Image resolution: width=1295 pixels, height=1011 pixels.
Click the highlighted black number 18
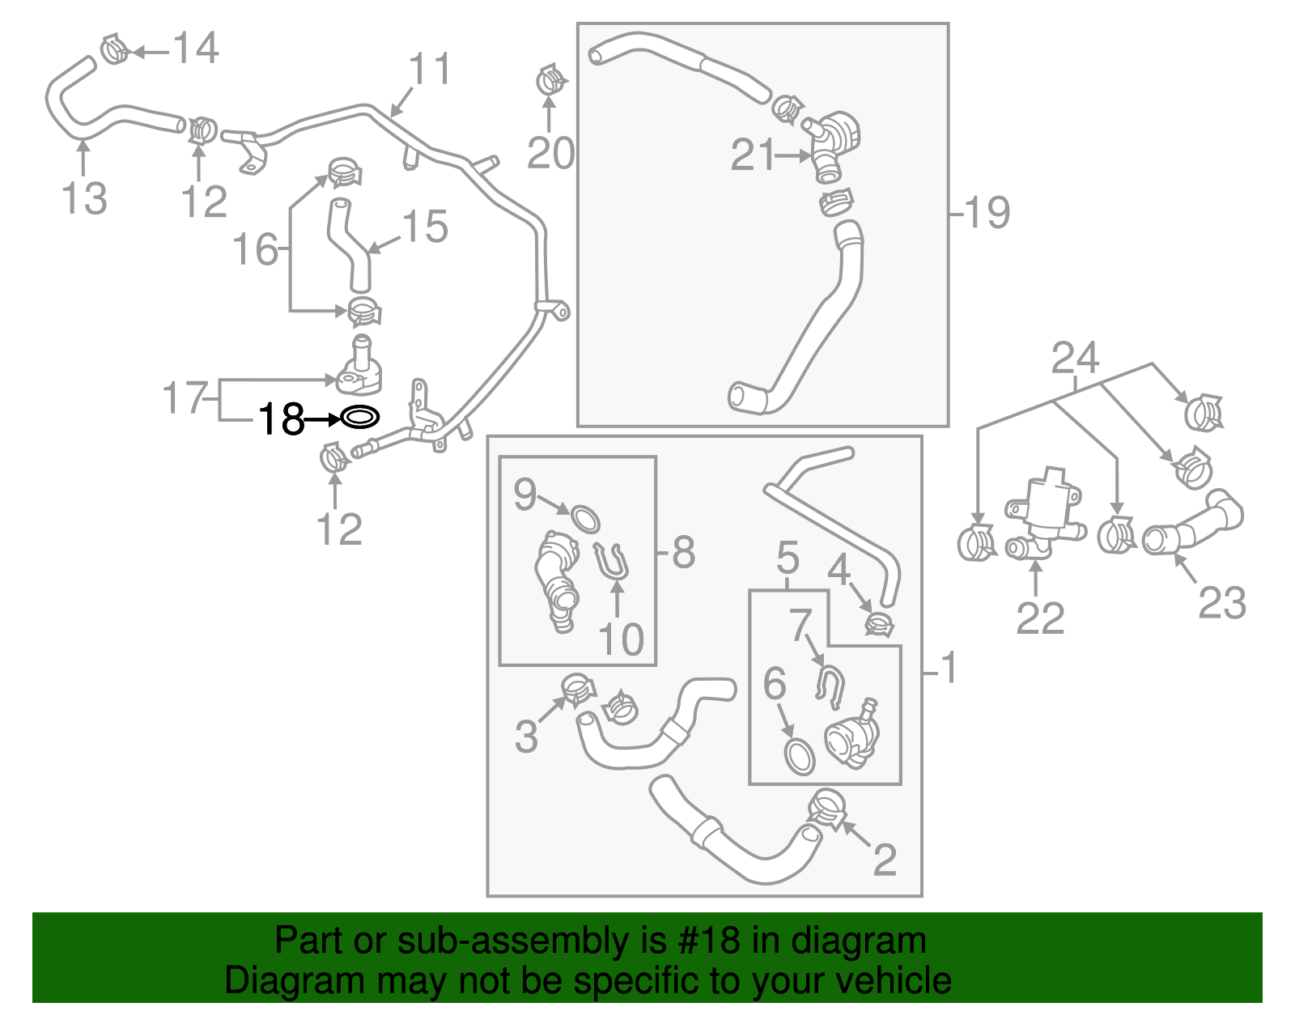(x=281, y=419)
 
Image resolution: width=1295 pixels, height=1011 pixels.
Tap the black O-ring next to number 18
(x=359, y=418)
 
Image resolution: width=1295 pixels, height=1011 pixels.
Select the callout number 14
(x=196, y=49)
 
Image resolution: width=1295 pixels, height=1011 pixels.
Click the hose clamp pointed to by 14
(x=116, y=50)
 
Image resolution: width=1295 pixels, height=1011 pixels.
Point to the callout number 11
(x=429, y=70)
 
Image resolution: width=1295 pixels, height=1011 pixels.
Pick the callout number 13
(x=84, y=199)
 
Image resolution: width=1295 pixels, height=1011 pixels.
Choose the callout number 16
(x=255, y=249)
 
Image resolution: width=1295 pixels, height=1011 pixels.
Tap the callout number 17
(x=186, y=397)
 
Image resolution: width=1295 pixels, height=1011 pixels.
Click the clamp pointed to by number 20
(x=551, y=81)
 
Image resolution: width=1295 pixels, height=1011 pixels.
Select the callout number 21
(x=753, y=155)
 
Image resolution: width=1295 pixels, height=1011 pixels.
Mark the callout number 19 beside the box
(x=987, y=213)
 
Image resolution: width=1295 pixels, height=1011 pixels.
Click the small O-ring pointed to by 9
(x=586, y=518)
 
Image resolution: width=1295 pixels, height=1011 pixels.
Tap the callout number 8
(x=684, y=553)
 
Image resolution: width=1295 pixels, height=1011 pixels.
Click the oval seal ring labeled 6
(x=800, y=756)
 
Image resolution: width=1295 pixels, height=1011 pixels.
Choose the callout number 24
(x=1075, y=358)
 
